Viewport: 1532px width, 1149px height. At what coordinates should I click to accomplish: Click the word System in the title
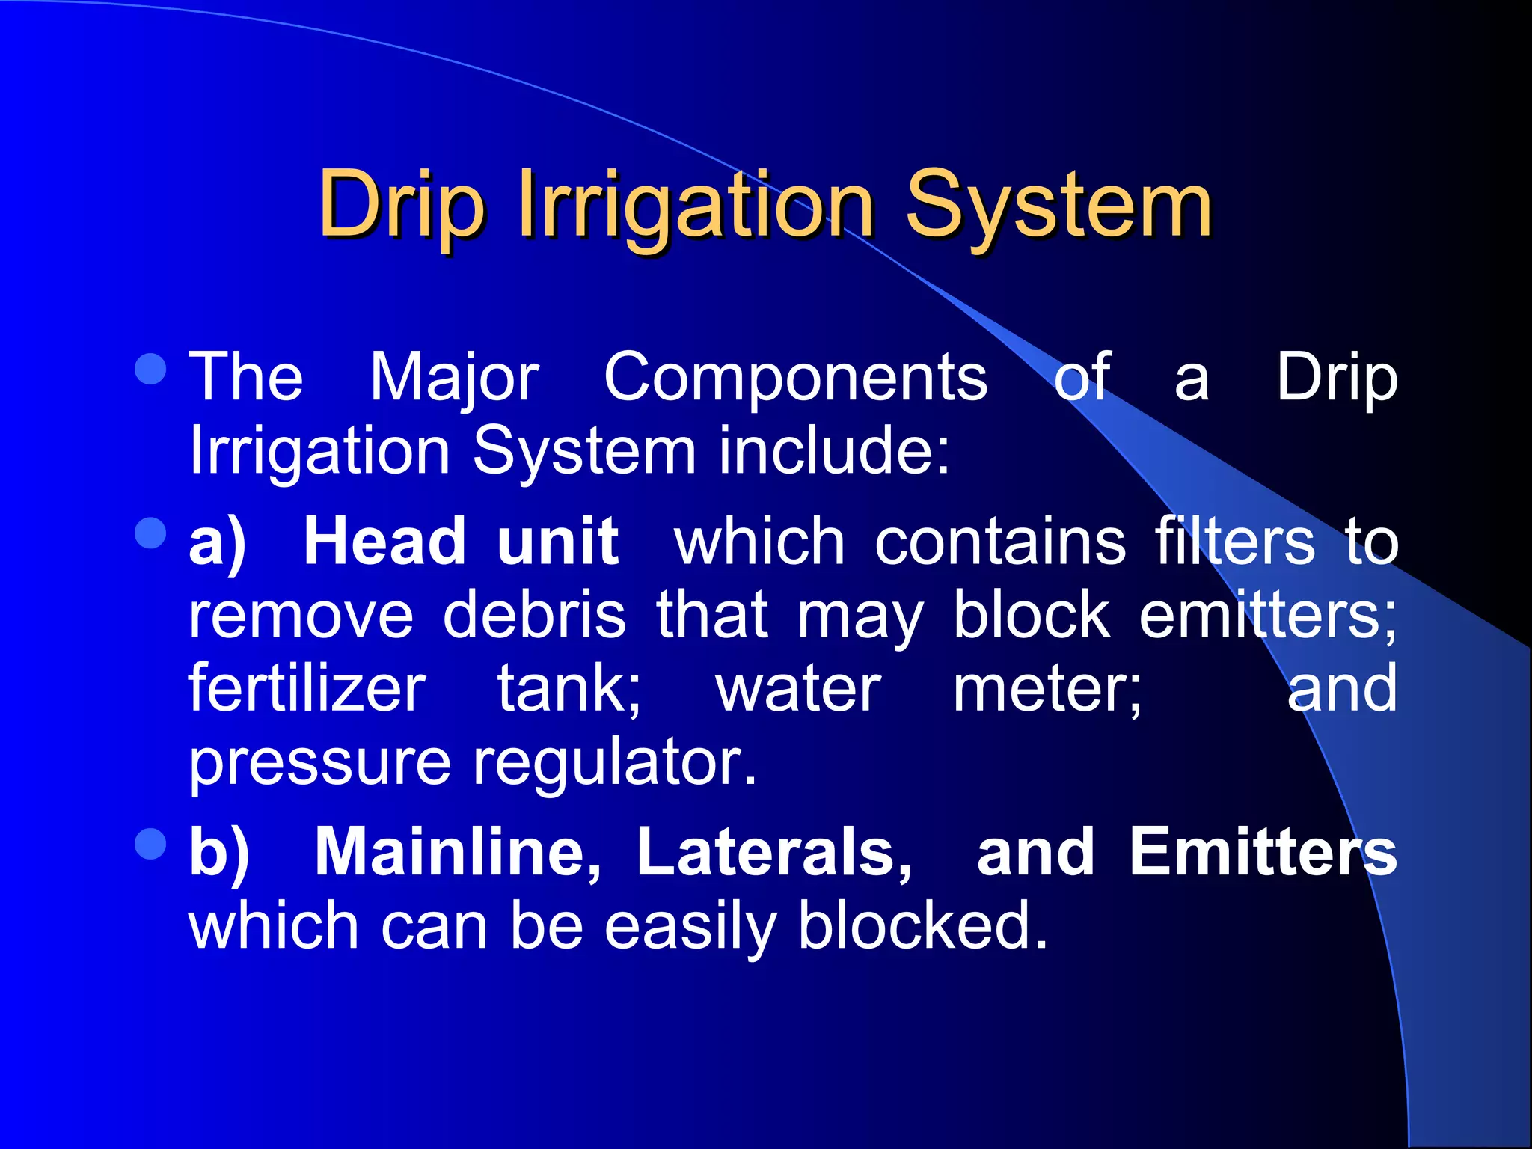pyautogui.click(x=1058, y=204)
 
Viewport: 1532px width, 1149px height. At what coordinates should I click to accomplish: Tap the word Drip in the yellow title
pyautogui.click(x=402, y=204)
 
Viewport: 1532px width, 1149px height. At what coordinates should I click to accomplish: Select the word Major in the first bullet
pyautogui.click(x=454, y=378)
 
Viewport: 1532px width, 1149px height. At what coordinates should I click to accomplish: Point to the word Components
pyautogui.click(x=795, y=378)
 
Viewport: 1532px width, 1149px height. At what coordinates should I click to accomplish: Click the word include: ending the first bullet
pyautogui.click(x=834, y=450)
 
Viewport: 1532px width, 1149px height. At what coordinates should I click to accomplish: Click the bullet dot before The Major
pyautogui.click(x=151, y=369)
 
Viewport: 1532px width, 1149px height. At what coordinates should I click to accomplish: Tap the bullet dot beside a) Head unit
pyautogui.click(x=151, y=533)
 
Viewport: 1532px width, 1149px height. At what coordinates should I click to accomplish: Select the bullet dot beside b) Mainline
pyautogui.click(x=151, y=845)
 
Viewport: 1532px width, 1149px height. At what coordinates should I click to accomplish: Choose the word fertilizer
pyautogui.click(x=307, y=688)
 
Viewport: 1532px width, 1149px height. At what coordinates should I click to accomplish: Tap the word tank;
pyautogui.click(x=569, y=688)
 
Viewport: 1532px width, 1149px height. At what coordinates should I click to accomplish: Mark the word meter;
pyautogui.click(x=1047, y=688)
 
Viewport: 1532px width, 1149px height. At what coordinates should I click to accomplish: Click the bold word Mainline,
pyautogui.click(x=457, y=852)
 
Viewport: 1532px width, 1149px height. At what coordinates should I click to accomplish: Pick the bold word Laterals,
pyautogui.click(x=774, y=852)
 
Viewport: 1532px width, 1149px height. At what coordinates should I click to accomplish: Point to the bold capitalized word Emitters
pyautogui.click(x=1263, y=852)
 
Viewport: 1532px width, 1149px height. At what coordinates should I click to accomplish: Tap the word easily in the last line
pyautogui.click(x=690, y=926)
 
